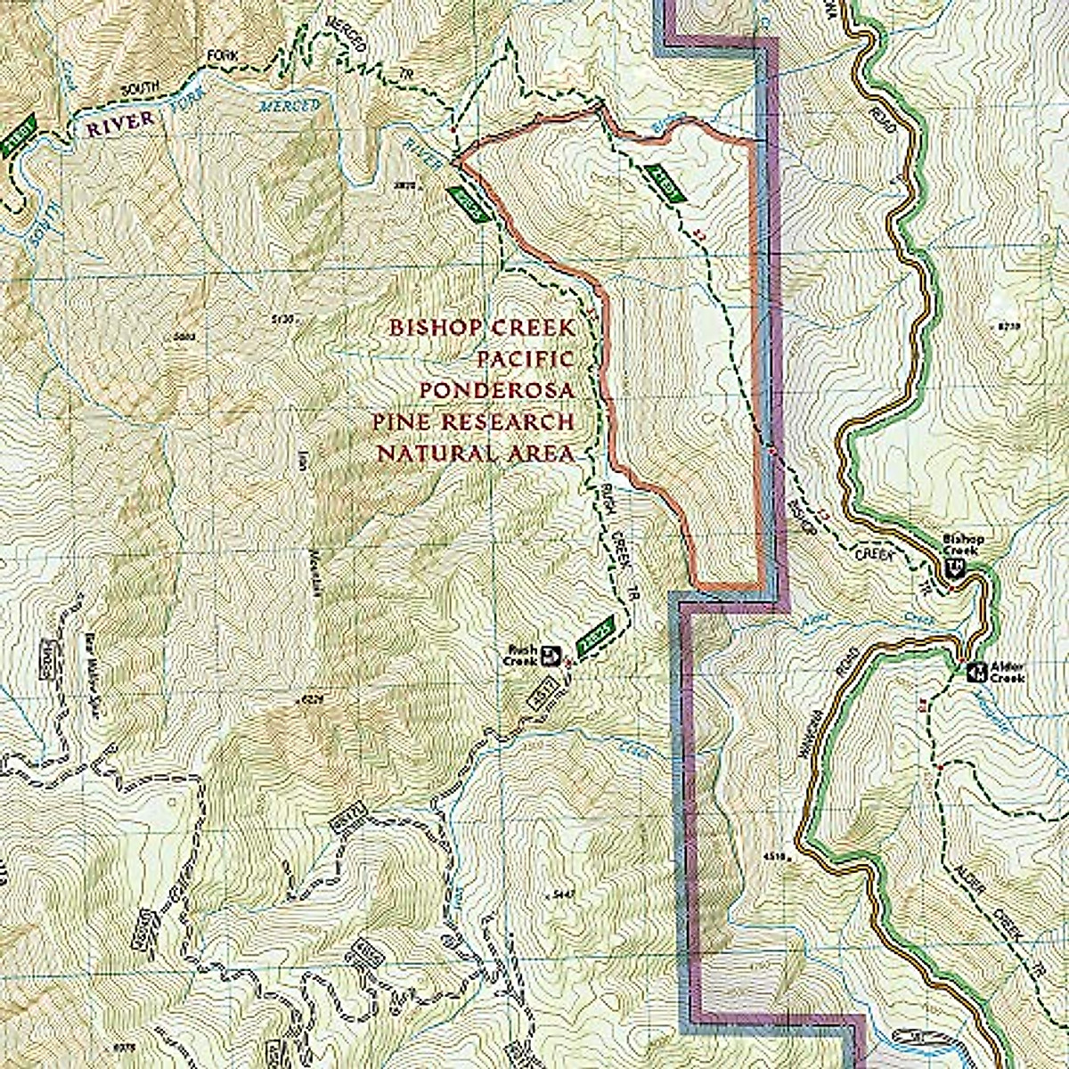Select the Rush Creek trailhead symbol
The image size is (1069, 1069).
click(x=551, y=656)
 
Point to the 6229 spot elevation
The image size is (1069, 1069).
click(x=311, y=700)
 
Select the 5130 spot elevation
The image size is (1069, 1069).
click(x=282, y=318)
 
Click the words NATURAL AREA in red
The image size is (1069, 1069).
click(x=474, y=453)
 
